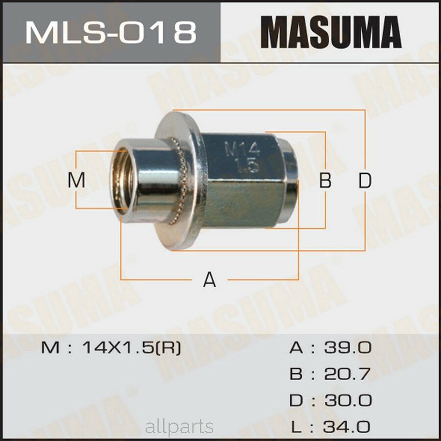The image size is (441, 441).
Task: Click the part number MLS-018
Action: (x=111, y=32)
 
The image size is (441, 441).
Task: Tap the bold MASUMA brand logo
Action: (x=331, y=32)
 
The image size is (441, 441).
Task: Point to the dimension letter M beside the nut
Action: (x=76, y=180)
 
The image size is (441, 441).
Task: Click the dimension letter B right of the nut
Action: (x=325, y=181)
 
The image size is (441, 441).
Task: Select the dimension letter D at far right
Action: (x=364, y=181)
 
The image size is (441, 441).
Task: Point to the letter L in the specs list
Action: (x=295, y=426)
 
